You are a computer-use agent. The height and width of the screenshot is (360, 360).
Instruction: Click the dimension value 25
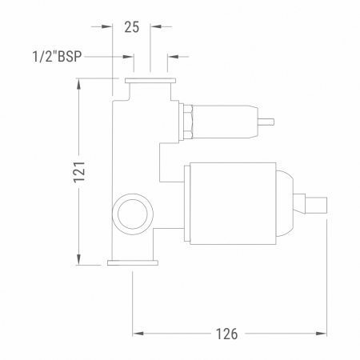coord(132,27)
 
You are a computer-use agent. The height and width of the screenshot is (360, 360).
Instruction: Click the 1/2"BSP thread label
coord(57,57)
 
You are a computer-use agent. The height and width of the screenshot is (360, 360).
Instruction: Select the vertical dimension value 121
coord(79,172)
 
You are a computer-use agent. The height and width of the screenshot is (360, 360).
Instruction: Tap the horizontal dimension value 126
coord(226,334)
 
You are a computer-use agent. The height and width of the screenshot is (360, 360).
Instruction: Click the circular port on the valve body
coord(133,194)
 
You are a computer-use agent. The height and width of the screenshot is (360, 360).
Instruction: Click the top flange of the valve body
coord(150,81)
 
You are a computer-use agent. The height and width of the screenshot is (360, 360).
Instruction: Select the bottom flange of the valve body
coord(133,263)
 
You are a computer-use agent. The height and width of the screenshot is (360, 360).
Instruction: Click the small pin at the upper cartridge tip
coord(266,122)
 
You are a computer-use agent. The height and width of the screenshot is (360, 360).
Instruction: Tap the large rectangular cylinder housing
coord(233,203)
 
